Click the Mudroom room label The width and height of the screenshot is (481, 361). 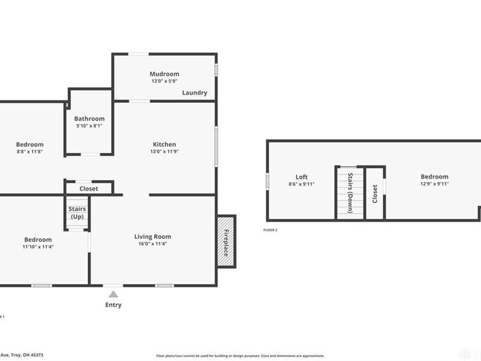coord(164,74)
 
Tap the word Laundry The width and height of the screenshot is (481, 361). coord(194,93)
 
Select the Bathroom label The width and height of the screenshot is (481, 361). coord(89,119)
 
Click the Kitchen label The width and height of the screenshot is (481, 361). coord(164,144)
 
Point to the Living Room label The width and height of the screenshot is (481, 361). coord(153,236)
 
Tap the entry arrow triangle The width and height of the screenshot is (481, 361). coord(113,294)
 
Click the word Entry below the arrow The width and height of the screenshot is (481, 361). coord(113,305)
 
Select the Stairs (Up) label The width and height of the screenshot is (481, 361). coord(77,212)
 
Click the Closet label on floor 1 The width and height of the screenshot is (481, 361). coord(89,188)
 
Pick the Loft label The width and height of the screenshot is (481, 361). coord(301,177)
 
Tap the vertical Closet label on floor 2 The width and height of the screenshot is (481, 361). coord(375,193)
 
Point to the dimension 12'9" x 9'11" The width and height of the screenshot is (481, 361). coord(434,184)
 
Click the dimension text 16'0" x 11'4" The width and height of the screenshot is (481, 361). coord(153,244)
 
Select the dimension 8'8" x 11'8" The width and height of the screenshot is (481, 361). coord(29,152)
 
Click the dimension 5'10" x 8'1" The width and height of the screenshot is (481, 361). coord(89,126)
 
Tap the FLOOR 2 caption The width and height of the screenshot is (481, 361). coord(271,230)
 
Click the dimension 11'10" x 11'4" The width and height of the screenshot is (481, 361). coord(37,247)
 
